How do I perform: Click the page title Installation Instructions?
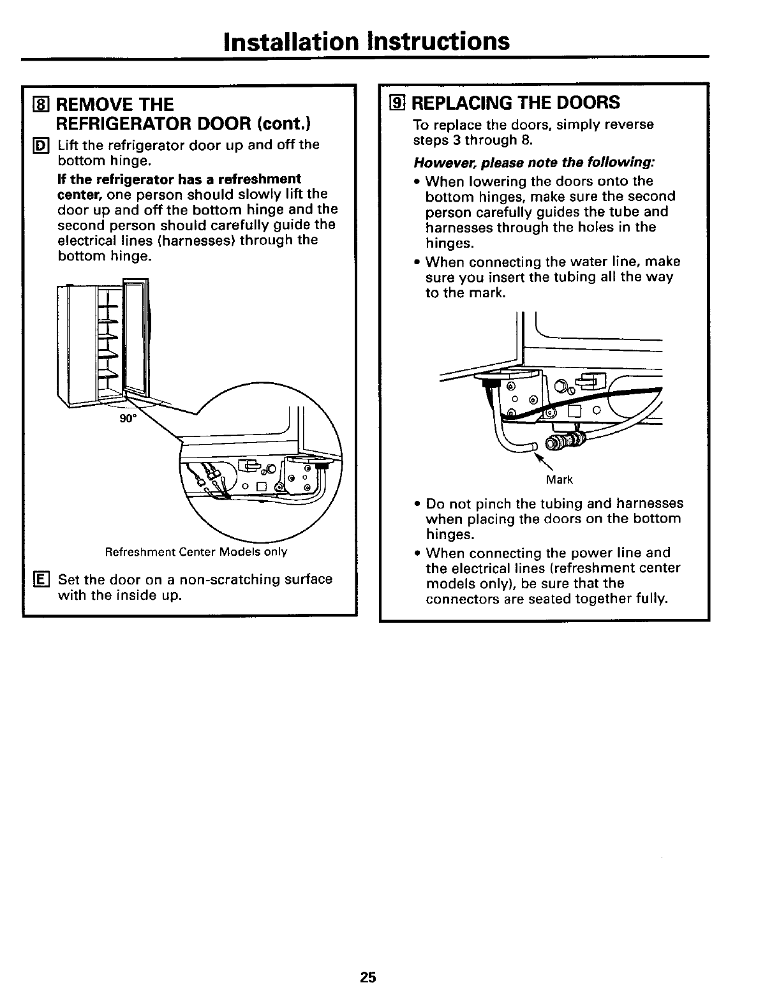(x=367, y=41)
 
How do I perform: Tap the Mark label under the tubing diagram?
(x=560, y=479)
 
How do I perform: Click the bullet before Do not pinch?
(x=417, y=504)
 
